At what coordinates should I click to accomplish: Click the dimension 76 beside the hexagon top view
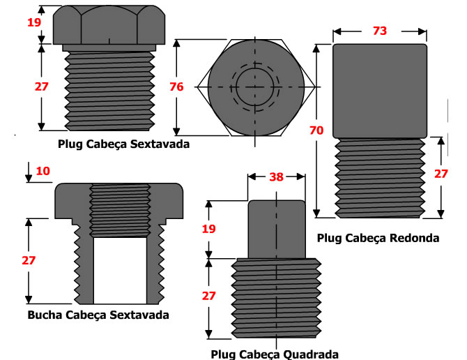(x=176, y=87)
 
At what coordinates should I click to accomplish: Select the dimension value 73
(x=379, y=31)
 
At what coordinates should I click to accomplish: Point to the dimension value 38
(x=276, y=177)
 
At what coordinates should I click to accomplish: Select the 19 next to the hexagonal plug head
(x=34, y=22)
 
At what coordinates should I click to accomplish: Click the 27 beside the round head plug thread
(x=441, y=174)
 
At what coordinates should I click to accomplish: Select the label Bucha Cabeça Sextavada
(x=98, y=315)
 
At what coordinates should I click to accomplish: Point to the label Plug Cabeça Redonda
(x=378, y=238)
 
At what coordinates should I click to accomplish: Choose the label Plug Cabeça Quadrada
(x=274, y=353)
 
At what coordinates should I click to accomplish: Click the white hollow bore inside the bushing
(x=120, y=269)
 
